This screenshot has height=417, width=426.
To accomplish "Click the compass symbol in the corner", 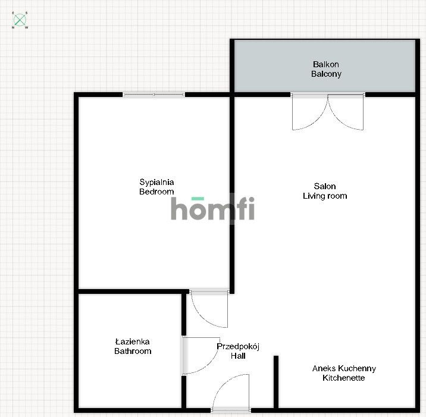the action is click(x=20, y=20).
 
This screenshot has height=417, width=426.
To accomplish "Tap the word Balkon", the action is click(x=326, y=64).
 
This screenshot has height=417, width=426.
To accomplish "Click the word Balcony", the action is click(x=326, y=74).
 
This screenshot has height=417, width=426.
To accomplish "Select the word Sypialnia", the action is click(x=156, y=182).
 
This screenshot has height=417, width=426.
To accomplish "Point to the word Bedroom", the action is click(x=156, y=192).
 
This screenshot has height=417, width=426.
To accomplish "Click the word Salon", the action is click(x=325, y=186).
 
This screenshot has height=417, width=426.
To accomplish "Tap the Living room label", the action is click(x=325, y=196).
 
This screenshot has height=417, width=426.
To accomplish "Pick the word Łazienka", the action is click(x=133, y=341).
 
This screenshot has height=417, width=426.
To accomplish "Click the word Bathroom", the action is click(x=133, y=351).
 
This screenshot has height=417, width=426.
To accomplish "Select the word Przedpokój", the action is click(x=238, y=347).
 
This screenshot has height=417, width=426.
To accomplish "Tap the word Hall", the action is click(x=238, y=356).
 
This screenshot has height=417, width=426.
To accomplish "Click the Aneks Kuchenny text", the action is click(x=344, y=368).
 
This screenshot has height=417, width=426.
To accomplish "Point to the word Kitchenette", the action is click(x=344, y=378).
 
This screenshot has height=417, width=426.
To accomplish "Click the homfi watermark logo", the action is click(x=213, y=208).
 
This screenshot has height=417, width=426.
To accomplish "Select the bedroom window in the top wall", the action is click(x=154, y=95).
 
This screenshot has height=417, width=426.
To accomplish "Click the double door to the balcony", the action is click(x=328, y=111).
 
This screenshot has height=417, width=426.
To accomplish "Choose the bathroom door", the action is click(x=201, y=356).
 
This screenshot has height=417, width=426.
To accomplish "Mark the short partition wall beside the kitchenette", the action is click(x=276, y=382).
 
